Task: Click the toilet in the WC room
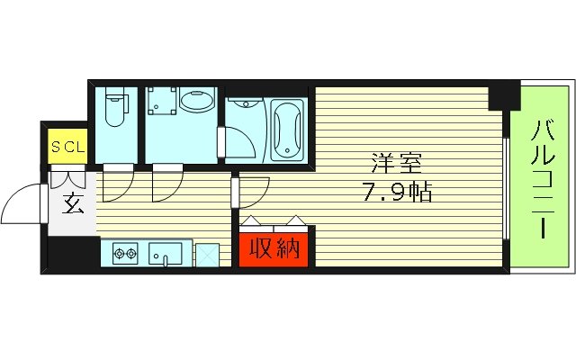114,110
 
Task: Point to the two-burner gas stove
124,254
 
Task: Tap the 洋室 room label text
393,166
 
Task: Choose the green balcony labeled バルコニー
542,177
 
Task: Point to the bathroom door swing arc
238,139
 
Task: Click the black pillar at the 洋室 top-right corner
504,95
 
